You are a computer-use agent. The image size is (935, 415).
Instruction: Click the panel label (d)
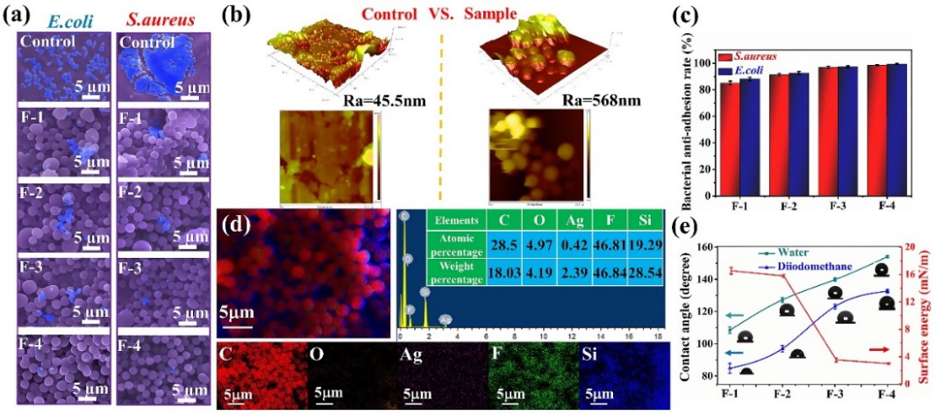[238, 224]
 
